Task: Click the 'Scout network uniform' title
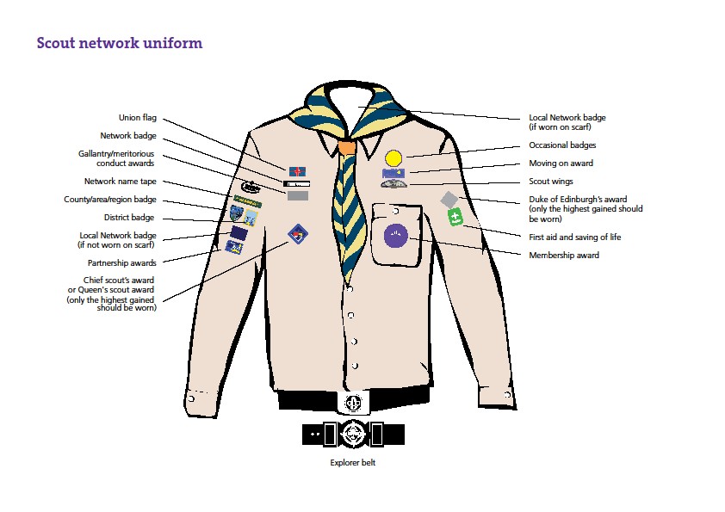point(120,43)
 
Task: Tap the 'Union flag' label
point(138,118)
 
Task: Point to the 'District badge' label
point(130,218)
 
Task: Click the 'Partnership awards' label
point(121,262)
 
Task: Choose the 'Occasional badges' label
point(562,145)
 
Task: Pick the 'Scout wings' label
point(550,182)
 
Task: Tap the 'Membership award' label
point(564,255)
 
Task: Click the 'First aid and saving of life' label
point(574,237)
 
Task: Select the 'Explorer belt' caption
point(353,462)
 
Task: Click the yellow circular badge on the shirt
point(393,157)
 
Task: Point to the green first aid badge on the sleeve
point(455,219)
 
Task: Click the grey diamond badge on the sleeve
point(449,200)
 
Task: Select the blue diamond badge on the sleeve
point(296,232)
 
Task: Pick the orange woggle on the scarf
point(346,147)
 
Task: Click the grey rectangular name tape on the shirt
point(297,196)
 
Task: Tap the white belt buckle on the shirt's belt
point(351,402)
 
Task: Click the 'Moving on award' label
point(561,163)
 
